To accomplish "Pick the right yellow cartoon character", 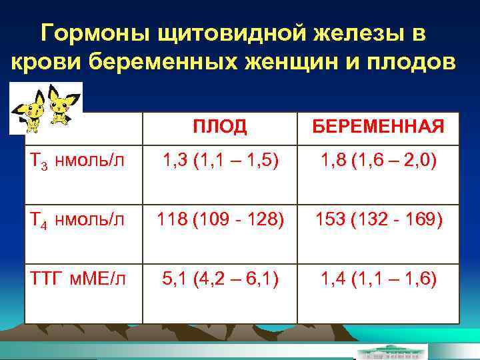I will pyautogui.click(x=63, y=107).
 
